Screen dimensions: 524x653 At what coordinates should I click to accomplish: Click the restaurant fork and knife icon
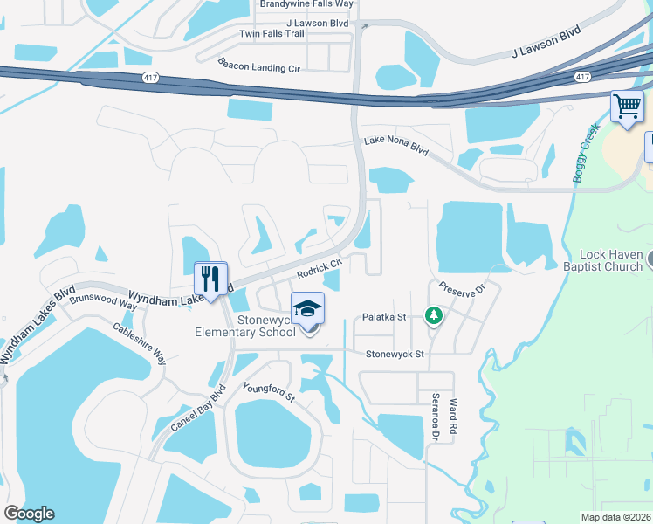click(x=210, y=280)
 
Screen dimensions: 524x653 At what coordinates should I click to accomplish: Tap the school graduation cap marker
click(x=307, y=311)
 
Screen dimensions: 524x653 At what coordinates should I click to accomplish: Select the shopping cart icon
click(x=627, y=107)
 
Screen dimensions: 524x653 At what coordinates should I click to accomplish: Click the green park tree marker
click(x=432, y=314)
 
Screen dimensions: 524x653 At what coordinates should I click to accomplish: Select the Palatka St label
click(x=385, y=318)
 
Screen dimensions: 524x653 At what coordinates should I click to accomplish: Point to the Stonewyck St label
click(x=395, y=354)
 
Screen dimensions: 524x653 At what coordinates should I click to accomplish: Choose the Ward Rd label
click(x=453, y=417)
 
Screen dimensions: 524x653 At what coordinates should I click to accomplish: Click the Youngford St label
click(x=270, y=392)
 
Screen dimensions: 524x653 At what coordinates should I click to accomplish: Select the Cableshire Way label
click(x=141, y=344)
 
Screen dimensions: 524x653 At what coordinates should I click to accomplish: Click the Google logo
click(x=29, y=514)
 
